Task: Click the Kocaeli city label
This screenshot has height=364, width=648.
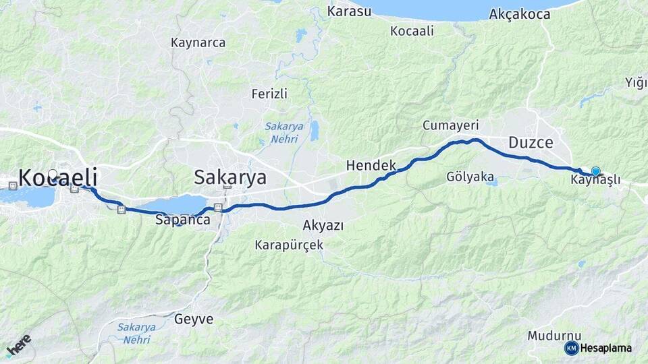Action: [58, 178]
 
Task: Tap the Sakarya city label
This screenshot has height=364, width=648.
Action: [230, 177]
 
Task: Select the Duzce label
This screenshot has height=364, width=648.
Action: [531, 143]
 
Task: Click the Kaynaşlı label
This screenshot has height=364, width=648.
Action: [595, 181]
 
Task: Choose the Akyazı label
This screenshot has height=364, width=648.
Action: [323, 225]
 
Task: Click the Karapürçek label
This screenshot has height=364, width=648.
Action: [289, 245]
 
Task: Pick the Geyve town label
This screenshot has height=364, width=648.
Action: [194, 319]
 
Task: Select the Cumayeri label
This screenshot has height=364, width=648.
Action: [450, 125]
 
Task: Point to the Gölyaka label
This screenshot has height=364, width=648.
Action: [469, 177]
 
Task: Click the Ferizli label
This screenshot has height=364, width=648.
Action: [269, 93]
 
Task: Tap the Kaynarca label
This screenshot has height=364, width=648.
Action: [198, 42]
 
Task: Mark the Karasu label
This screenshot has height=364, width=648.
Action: [349, 11]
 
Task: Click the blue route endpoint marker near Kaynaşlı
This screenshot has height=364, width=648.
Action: [595, 171]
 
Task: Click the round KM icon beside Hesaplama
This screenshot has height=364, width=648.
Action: [571, 348]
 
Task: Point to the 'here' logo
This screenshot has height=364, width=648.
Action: [19, 345]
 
